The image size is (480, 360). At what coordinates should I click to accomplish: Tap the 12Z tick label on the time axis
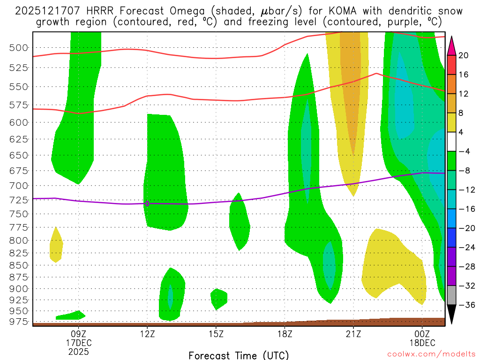pyautogui.click(x=147, y=334)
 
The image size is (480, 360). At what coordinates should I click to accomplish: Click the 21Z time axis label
pyautogui.click(x=353, y=334)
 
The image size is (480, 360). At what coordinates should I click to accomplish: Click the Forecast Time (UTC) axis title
pyautogui.click(x=239, y=355)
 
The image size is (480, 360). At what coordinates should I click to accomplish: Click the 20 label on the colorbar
pyautogui.click(x=464, y=55)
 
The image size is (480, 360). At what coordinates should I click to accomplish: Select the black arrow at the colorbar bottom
pyautogui.click(x=451, y=314)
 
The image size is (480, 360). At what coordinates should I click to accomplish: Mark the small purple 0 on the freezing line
pyautogui.click(x=147, y=203)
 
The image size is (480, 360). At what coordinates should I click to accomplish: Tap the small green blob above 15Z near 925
pyautogui.click(x=218, y=298)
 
